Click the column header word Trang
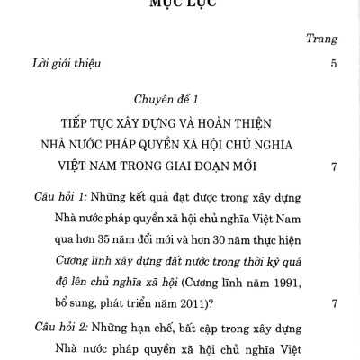click(322, 40)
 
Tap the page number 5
click(334, 64)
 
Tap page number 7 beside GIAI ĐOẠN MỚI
click(334, 166)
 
